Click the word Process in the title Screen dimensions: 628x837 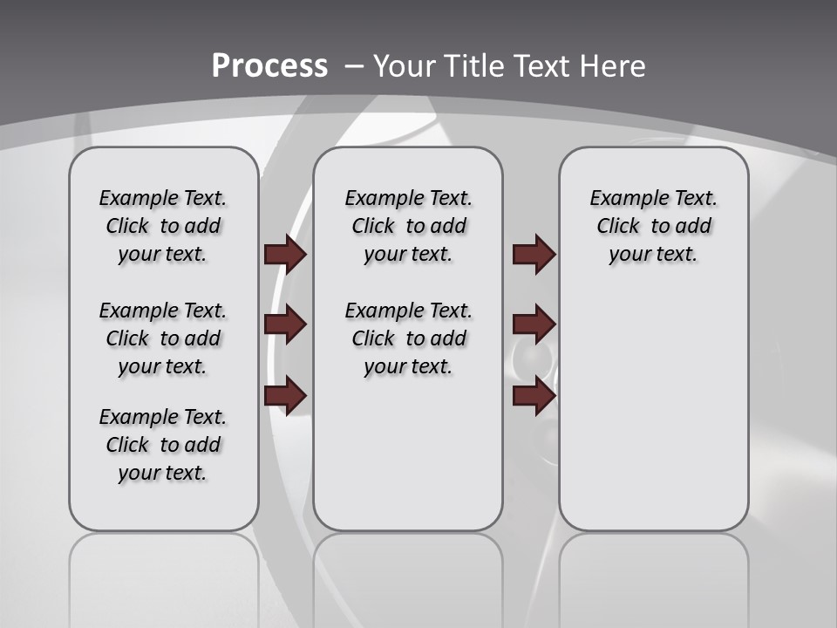(269, 66)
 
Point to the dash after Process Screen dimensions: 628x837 (354, 66)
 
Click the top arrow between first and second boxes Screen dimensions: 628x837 (285, 254)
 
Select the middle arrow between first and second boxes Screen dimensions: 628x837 (285, 324)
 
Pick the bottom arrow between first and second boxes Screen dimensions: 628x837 (285, 396)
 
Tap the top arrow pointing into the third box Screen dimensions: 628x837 (534, 254)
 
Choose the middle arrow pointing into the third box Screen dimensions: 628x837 (534, 324)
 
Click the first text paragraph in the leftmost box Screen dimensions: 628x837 (163, 226)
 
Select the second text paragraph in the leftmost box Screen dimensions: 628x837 (163, 338)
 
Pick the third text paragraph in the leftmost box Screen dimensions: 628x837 (163, 445)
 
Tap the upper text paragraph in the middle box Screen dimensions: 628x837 (408, 226)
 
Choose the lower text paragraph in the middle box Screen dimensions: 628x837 (408, 338)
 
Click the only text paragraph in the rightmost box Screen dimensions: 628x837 (653, 226)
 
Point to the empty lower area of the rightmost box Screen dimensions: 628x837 (653, 410)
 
